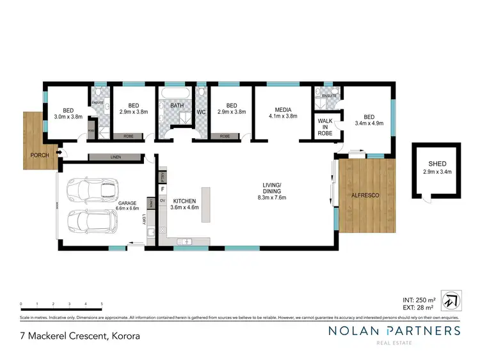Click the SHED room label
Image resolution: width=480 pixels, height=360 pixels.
click(x=437, y=164)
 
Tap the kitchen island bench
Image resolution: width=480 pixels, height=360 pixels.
click(x=206, y=205)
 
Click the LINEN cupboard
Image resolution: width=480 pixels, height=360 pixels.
click(x=115, y=157)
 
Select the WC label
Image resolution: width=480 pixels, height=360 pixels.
click(x=201, y=112)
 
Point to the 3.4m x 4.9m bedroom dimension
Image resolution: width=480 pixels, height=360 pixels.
click(x=369, y=124)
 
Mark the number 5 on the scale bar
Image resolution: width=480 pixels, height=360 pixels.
click(x=102, y=304)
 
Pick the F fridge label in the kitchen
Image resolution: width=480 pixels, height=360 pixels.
click(x=163, y=189)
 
